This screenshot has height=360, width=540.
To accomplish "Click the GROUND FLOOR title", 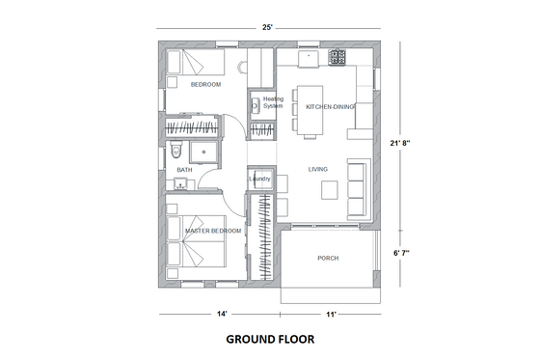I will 269,340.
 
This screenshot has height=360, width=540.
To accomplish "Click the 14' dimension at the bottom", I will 222,315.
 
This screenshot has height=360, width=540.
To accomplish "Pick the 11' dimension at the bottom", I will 330,315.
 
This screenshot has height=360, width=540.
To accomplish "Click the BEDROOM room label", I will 205,85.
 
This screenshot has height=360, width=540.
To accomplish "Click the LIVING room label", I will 318,169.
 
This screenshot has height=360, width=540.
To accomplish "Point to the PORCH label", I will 328,258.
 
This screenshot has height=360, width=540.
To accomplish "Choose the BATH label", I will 183,170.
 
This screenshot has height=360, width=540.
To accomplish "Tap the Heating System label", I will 273,101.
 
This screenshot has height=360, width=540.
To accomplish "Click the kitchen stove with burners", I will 338,57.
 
